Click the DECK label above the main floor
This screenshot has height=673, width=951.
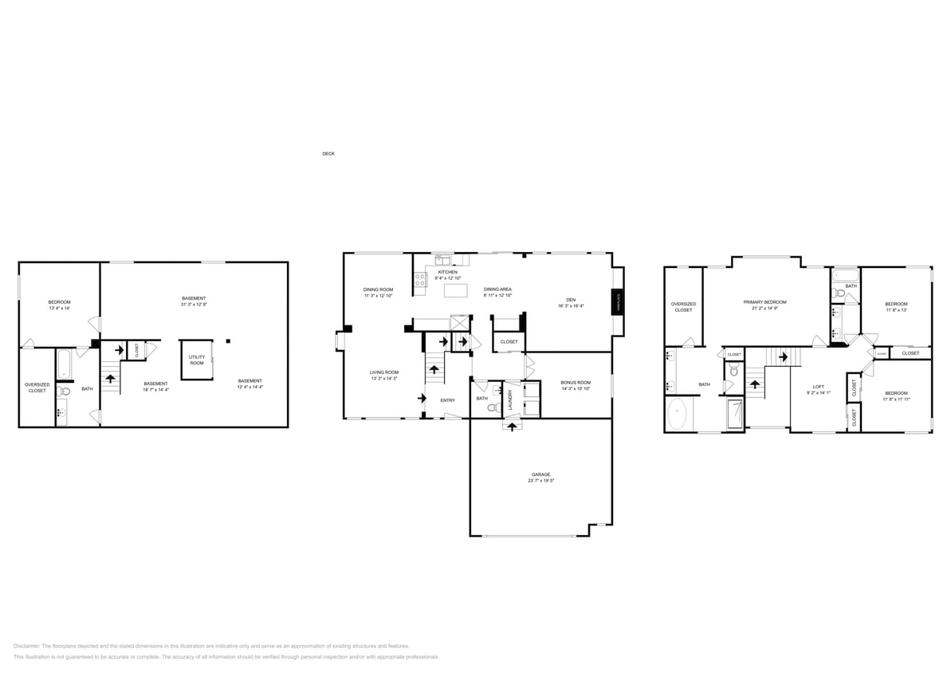coord(328,153)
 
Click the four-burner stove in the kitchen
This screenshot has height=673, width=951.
coord(420,279)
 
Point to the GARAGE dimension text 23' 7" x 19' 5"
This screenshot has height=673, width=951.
coord(540,481)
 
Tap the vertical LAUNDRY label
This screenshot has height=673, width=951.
coord(510,399)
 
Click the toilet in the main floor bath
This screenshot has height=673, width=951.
coord(493,407)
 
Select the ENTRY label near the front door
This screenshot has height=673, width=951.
coord(447,399)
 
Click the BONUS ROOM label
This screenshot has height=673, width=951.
coord(576,382)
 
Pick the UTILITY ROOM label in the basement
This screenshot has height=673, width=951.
coord(197,360)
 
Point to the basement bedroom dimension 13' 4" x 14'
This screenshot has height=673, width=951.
coord(59,309)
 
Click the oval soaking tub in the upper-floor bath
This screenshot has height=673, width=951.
coord(677,415)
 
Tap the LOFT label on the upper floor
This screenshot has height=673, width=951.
coord(818,386)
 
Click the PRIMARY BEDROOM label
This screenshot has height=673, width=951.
coord(764,302)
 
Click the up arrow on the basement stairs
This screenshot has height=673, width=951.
coord(111,378)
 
